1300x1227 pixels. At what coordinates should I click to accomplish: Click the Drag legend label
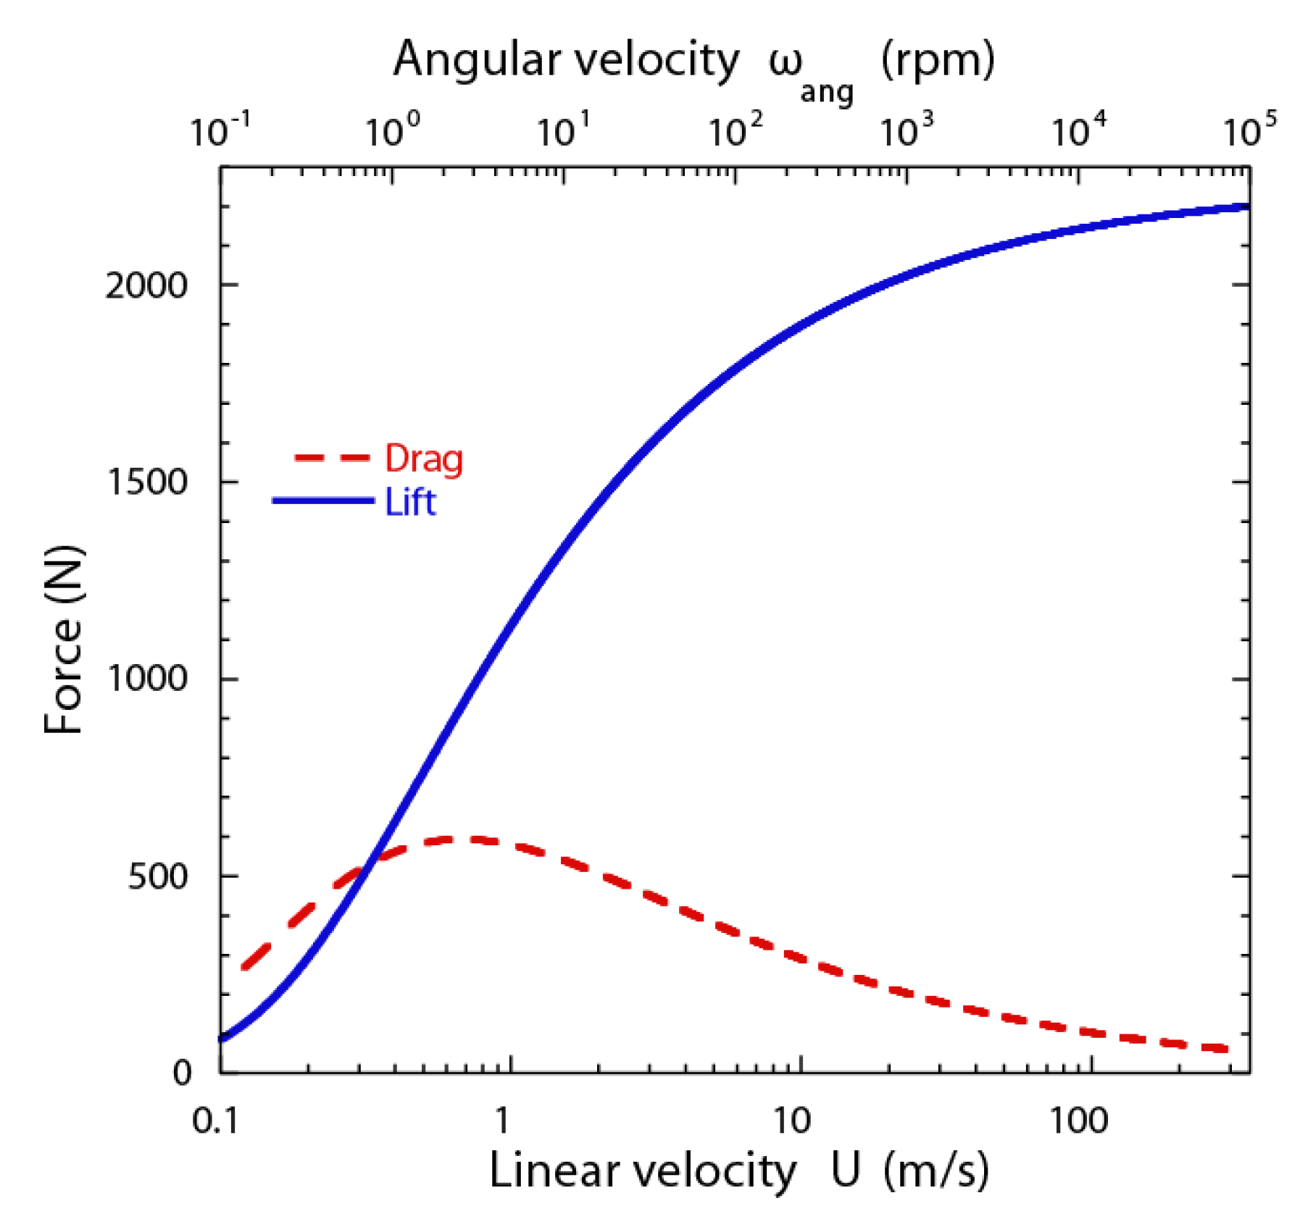click(x=423, y=459)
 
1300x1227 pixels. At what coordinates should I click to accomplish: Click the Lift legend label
click(x=410, y=502)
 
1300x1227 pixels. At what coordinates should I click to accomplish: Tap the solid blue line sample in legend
click(x=323, y=501)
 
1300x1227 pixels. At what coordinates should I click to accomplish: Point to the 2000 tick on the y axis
click(x=146, y=285)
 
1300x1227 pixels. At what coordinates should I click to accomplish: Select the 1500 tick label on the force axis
click(x=147, y=482)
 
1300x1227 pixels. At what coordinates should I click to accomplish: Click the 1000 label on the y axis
click(x=147, y=679)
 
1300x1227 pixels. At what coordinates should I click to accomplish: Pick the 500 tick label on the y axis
click(x=157, y=876)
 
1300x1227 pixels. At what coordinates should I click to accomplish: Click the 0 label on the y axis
click(x=182, y=1072)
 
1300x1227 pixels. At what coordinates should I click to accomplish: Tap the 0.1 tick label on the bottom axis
click(x=215, y=1121)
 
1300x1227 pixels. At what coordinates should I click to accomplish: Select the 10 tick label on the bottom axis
click(x=791, y=1121)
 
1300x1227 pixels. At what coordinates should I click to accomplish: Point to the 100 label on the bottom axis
click(x=1079, y=1121)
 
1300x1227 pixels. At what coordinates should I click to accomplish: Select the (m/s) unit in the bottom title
click(x=936, y=1171)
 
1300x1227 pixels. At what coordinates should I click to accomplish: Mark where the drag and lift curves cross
click(x=370, y=863)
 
